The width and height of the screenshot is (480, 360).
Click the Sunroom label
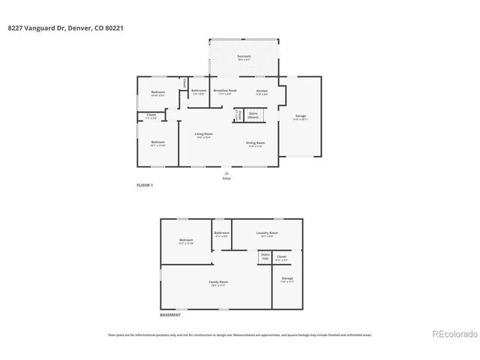coord(244,56)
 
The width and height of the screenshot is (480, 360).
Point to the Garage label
coord(301,116)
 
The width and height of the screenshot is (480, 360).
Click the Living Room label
coord(203,134)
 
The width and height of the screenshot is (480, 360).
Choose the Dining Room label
coord(255,142)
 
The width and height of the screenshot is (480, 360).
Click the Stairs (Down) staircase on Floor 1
coord(253,116)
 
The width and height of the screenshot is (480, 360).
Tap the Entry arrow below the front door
coord(226,173)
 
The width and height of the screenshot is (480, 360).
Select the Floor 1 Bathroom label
coord(198,91)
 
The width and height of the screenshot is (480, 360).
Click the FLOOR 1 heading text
coord(144,184)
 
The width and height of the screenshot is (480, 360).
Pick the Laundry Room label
coord(267,233)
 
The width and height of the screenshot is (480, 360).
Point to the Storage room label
coord(287,280)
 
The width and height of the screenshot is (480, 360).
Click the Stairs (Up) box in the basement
coord(265,256)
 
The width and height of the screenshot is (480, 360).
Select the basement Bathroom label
coord(221,233)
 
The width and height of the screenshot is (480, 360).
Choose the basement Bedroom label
coord(186,241)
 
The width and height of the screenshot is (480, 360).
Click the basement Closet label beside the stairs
coord(281,257)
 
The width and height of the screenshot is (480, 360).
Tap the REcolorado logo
coord(453,334)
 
